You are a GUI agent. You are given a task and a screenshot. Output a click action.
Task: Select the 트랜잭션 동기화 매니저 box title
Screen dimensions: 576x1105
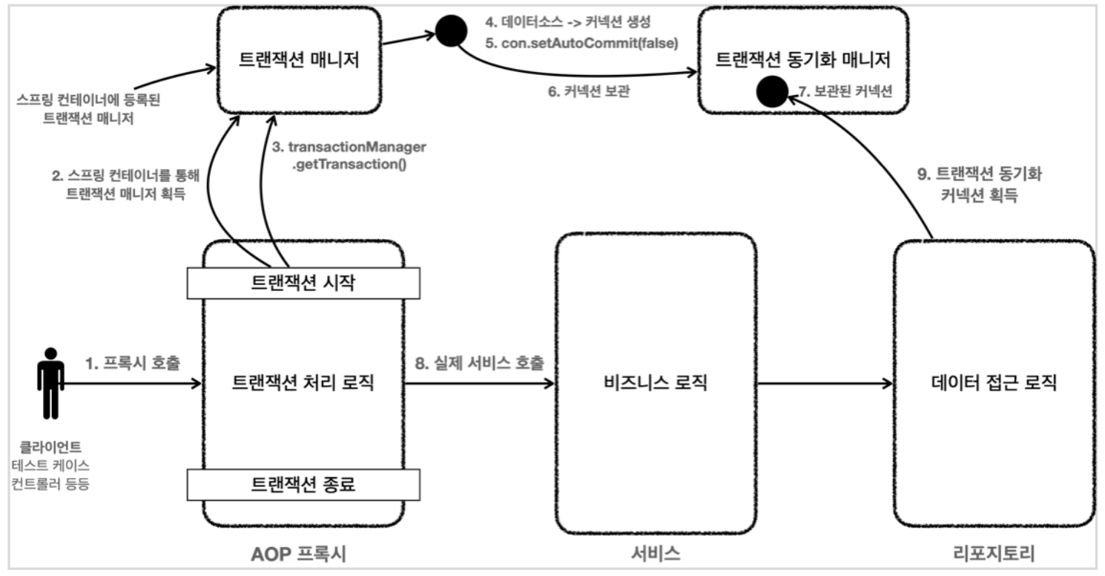tap(802, 59)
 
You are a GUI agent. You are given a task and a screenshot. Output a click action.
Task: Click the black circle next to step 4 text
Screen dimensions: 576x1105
tap(449, 31)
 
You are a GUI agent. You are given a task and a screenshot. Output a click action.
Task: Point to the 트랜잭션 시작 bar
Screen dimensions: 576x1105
tap(303, 281)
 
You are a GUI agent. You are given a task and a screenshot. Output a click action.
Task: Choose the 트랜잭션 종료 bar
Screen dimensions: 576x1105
tap(303, 485)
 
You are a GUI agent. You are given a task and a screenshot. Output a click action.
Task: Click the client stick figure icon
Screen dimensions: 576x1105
tap(50, 382)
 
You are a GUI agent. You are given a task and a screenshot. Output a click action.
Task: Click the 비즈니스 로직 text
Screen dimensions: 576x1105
tap(656, 384)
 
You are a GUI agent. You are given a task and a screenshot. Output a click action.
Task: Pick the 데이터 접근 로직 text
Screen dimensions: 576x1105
tap(994, 384)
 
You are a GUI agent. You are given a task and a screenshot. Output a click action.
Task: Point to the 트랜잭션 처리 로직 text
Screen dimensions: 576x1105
tap(303, 384)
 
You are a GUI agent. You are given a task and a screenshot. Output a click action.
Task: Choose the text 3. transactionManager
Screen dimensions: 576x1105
tap(349, 147)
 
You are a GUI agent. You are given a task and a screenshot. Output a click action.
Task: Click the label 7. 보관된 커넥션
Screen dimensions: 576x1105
tap(845, 92)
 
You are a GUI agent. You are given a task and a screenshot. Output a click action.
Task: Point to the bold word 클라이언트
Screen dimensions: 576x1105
tap(50, 448)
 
